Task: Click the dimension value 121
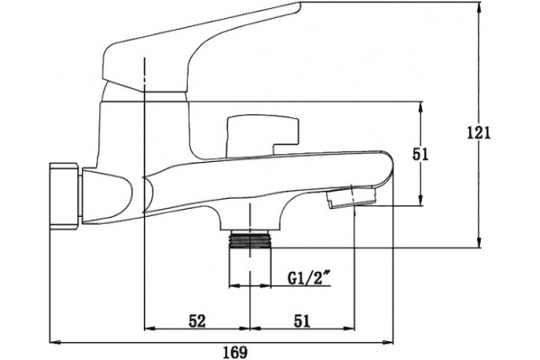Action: pyautogui.click(x=479, y=132)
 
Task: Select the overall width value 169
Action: pyautogui.click(x=235, y=353)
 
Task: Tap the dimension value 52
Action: pyautogui.click(x=197, y=320)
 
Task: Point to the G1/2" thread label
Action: pyautogui.click(x=308, y=278)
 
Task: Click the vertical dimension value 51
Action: pyautogui.click(x=420, y=154)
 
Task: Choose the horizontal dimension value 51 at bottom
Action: pyautogui.click(x=302, y=320)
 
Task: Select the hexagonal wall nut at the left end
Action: pyautogui.click(x=66, y=196)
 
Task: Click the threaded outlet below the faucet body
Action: pyautogui.click(x=250, y=239)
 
